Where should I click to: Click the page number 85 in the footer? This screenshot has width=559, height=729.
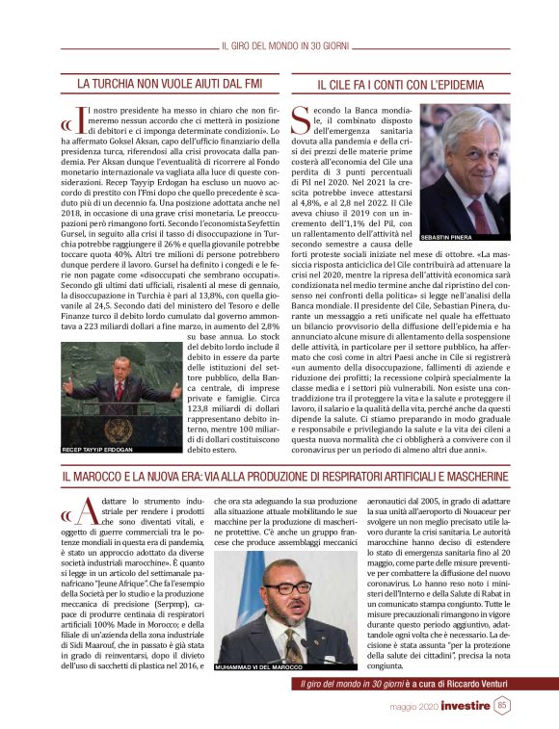pos(502,706)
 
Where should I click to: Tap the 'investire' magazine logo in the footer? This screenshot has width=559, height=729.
pos(466,706)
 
